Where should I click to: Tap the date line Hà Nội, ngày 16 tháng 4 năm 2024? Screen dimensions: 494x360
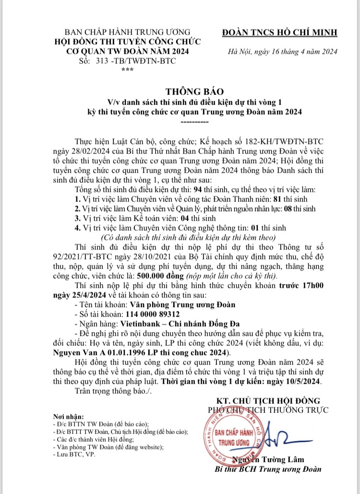click(283, 52)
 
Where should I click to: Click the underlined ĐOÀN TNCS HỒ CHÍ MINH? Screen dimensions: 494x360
click(280, 33)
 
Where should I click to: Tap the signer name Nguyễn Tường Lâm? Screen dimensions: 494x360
click(277, 459)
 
